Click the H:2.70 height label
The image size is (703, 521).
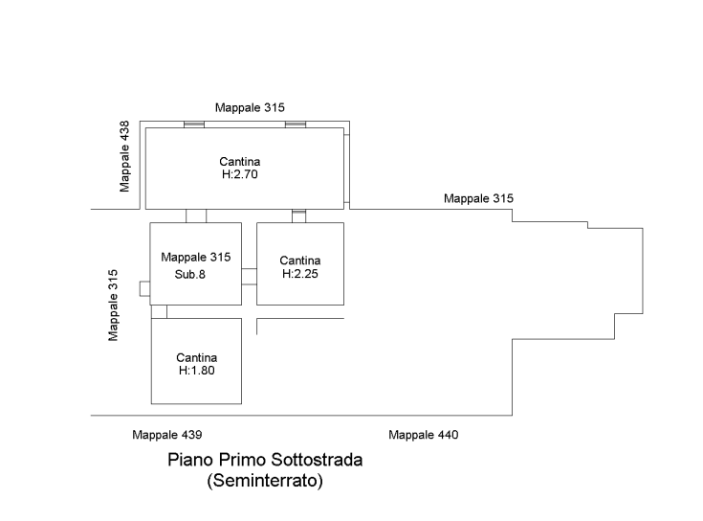pos(239,175)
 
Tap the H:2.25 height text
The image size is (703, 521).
pos(300,273)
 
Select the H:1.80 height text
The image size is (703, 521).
pos(196,370)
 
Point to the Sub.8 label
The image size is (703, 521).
pos(191,274)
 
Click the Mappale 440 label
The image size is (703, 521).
pos(424,436)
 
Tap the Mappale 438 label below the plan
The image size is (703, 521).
pos(167,436)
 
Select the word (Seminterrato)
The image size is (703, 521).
pos(265,481)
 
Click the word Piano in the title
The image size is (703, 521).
pos(188,461)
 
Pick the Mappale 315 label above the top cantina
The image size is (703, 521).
pos(251,106)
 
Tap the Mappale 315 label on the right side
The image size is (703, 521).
pos(478,199)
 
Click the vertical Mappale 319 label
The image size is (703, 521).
pos(114,305)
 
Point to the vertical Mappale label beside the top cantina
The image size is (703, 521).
pos(124,156)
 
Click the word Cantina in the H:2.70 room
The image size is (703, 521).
pos(239,162)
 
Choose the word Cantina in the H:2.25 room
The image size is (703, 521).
pos(300,260)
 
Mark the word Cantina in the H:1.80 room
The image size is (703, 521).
pos(196,357)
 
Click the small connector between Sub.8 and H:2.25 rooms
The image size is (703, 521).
pos(249,278)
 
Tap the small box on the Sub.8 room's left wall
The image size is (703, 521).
pos(143,288)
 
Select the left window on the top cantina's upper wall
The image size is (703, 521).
pos(194,125)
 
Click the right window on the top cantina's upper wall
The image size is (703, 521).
pos(296,125)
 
